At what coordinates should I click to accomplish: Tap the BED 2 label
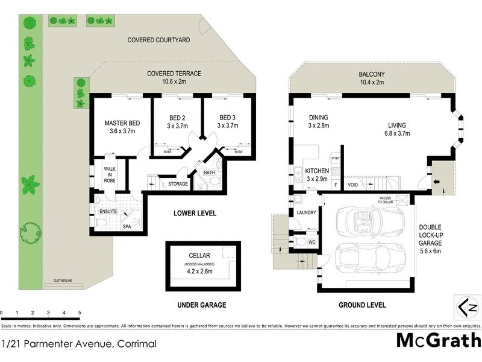[177, 118]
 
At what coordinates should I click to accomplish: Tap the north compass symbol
[467, 308]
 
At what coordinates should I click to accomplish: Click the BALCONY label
[372, 75]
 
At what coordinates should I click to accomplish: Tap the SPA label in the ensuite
[127, 227]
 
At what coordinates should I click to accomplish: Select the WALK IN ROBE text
[110, 175]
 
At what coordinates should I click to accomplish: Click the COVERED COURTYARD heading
[158, 40]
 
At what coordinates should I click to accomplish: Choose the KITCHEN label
[317, 171]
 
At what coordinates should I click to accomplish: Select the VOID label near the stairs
[354, 185]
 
